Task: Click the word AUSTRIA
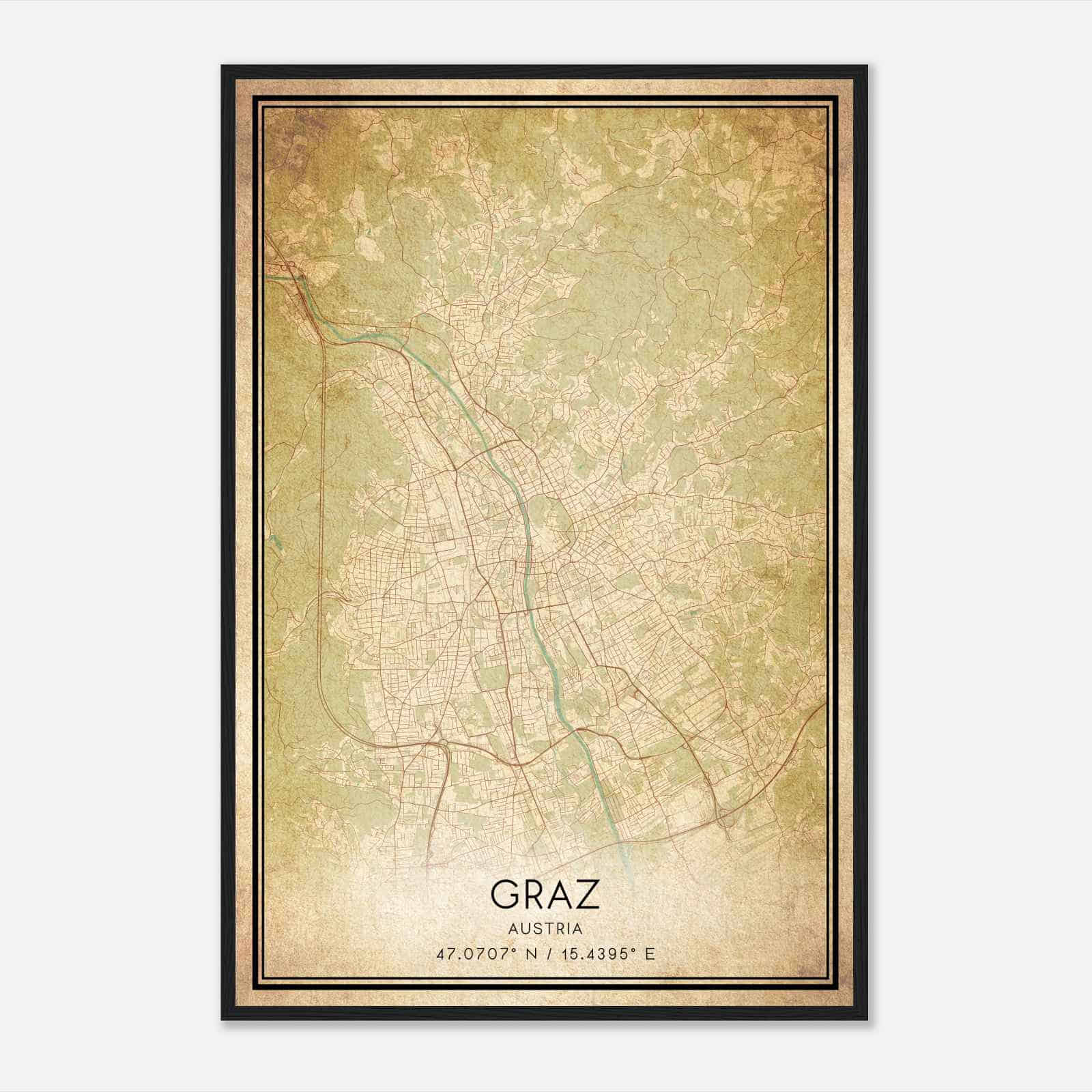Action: pyautogui.click(x=545, y=928)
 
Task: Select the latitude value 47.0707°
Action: pyautogui.click(x=474, y=954)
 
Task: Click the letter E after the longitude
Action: pyautogui.click(x=650, y=954)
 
